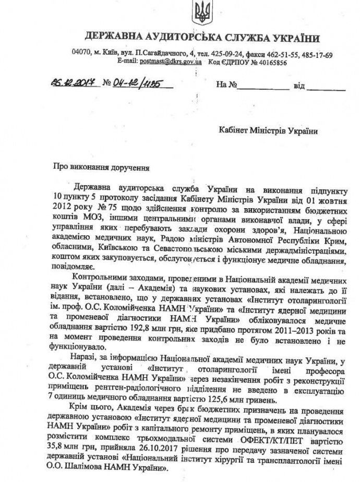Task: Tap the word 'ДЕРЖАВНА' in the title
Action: tap(112, 38)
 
